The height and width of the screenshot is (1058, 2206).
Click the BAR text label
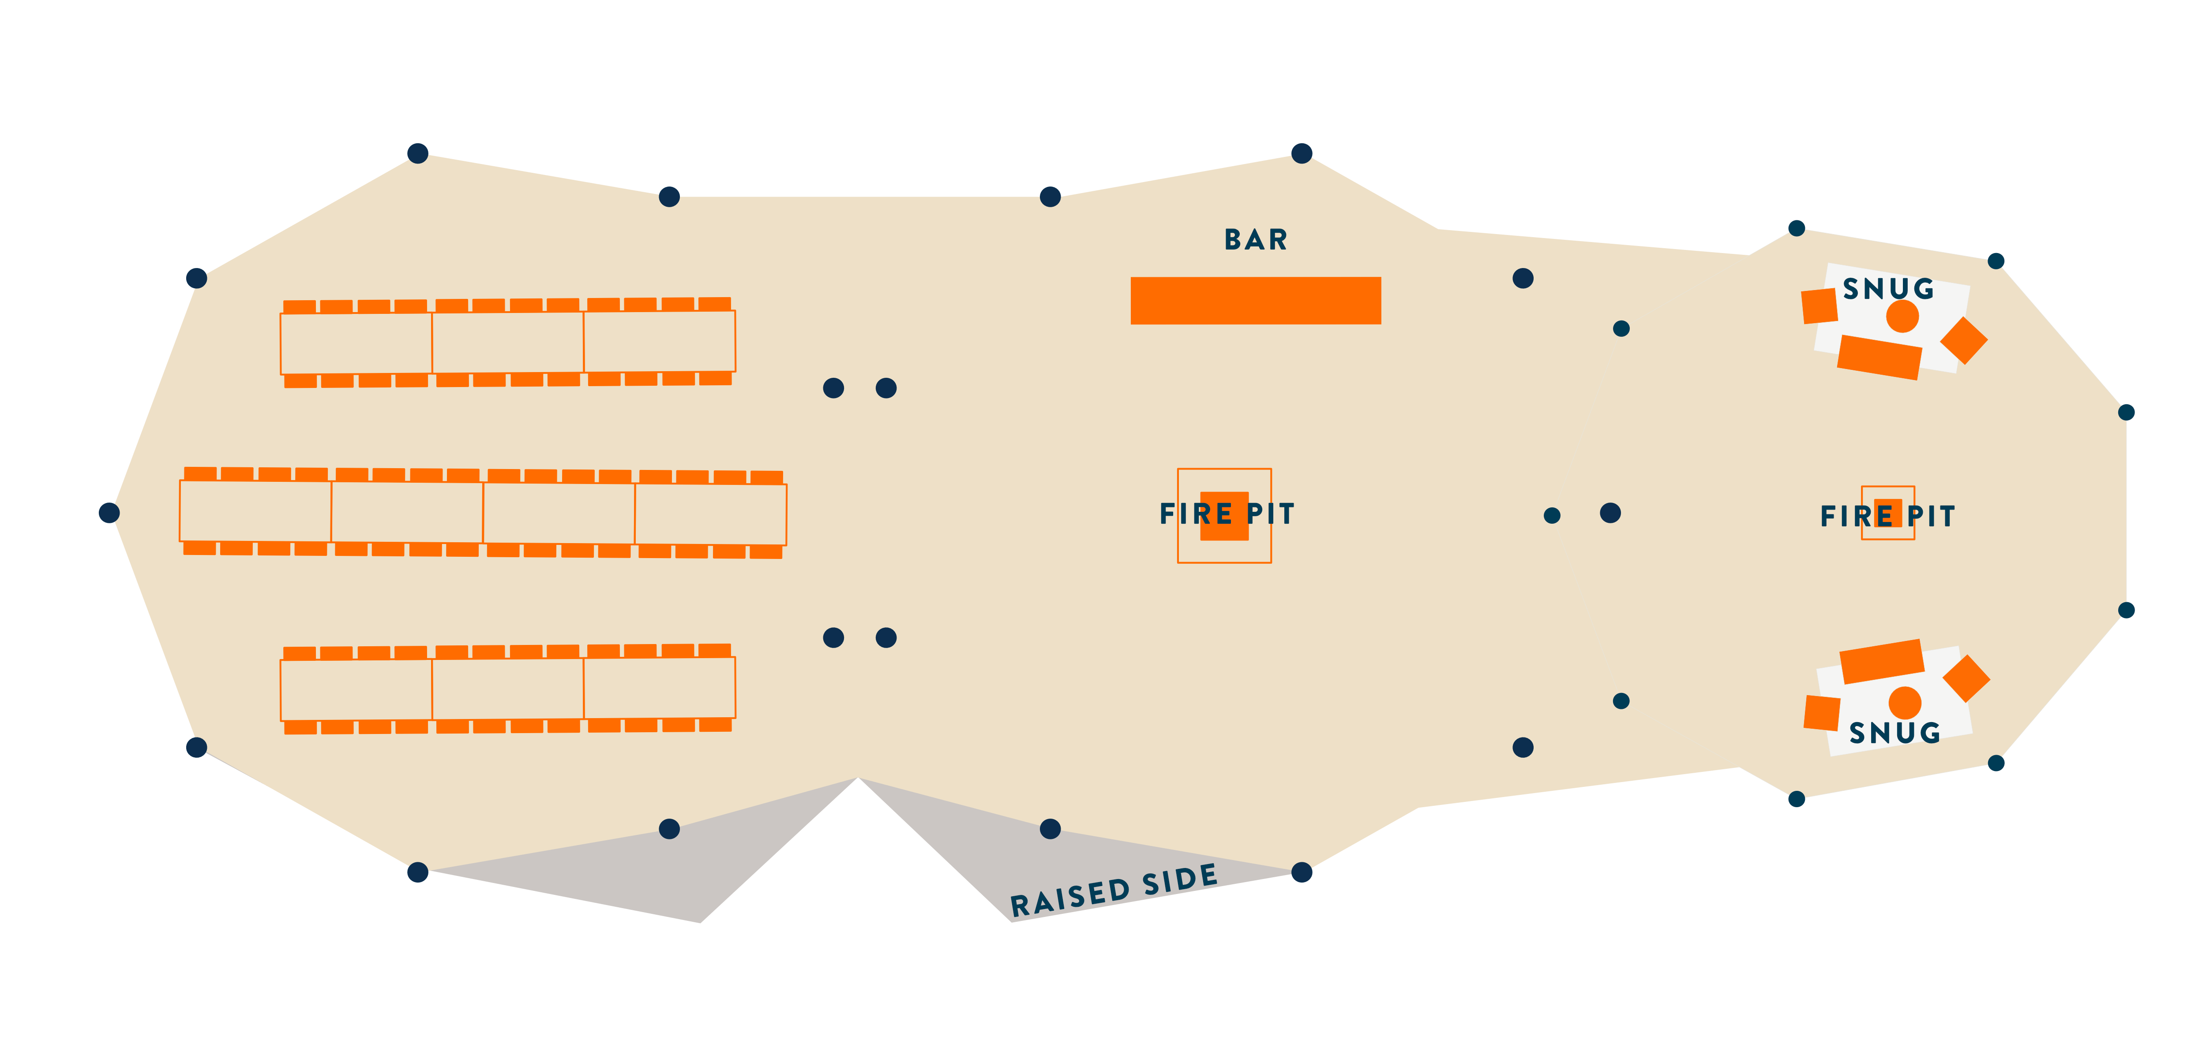click(1255, 240)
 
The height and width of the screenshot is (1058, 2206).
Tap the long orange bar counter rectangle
click(1255, 301)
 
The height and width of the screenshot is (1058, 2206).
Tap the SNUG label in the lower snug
click(1894, 733)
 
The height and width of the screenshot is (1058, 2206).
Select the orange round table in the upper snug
click(1902, 317)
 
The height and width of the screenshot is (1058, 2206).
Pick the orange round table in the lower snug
click(1905, 703)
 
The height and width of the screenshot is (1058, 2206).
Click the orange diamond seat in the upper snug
click(1964, 340)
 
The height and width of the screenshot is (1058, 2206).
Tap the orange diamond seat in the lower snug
click(1966, 679)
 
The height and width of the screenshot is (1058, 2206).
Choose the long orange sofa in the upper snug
click(1880, 357)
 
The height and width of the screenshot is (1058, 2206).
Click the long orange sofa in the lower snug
click(1881, 661)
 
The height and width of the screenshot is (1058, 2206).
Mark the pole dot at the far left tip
click(109, 513)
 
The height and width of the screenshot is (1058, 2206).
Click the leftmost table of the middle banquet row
click(255, 511)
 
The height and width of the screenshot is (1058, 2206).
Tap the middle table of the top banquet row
click(508, 343)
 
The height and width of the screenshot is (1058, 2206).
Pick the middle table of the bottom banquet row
click(508, 689)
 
